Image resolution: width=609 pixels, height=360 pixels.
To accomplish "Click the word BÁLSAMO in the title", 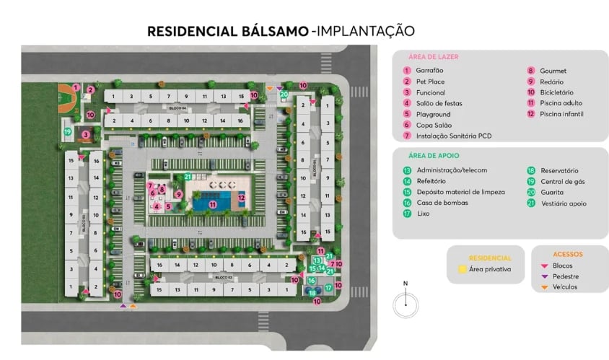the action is (x=273, y=31).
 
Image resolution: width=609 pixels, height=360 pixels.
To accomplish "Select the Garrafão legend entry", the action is (x=429, y=71).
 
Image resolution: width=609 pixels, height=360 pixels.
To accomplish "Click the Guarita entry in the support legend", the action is (x=552, y=192).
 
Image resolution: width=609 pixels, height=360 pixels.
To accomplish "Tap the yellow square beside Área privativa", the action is (x=462, y=269).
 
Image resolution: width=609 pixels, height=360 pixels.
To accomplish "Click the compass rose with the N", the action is (x=406, y=303).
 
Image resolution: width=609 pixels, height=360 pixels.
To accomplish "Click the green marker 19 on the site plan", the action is (x=67, y=131).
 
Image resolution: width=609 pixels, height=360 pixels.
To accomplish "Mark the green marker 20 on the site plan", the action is (x=284, y=94).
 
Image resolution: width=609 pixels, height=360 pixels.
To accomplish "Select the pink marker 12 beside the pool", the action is (x=242, y=198).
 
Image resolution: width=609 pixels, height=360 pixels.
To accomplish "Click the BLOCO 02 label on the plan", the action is (x=223, y=277).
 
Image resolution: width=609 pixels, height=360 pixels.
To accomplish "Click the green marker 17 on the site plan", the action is (x=328, y=287).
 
